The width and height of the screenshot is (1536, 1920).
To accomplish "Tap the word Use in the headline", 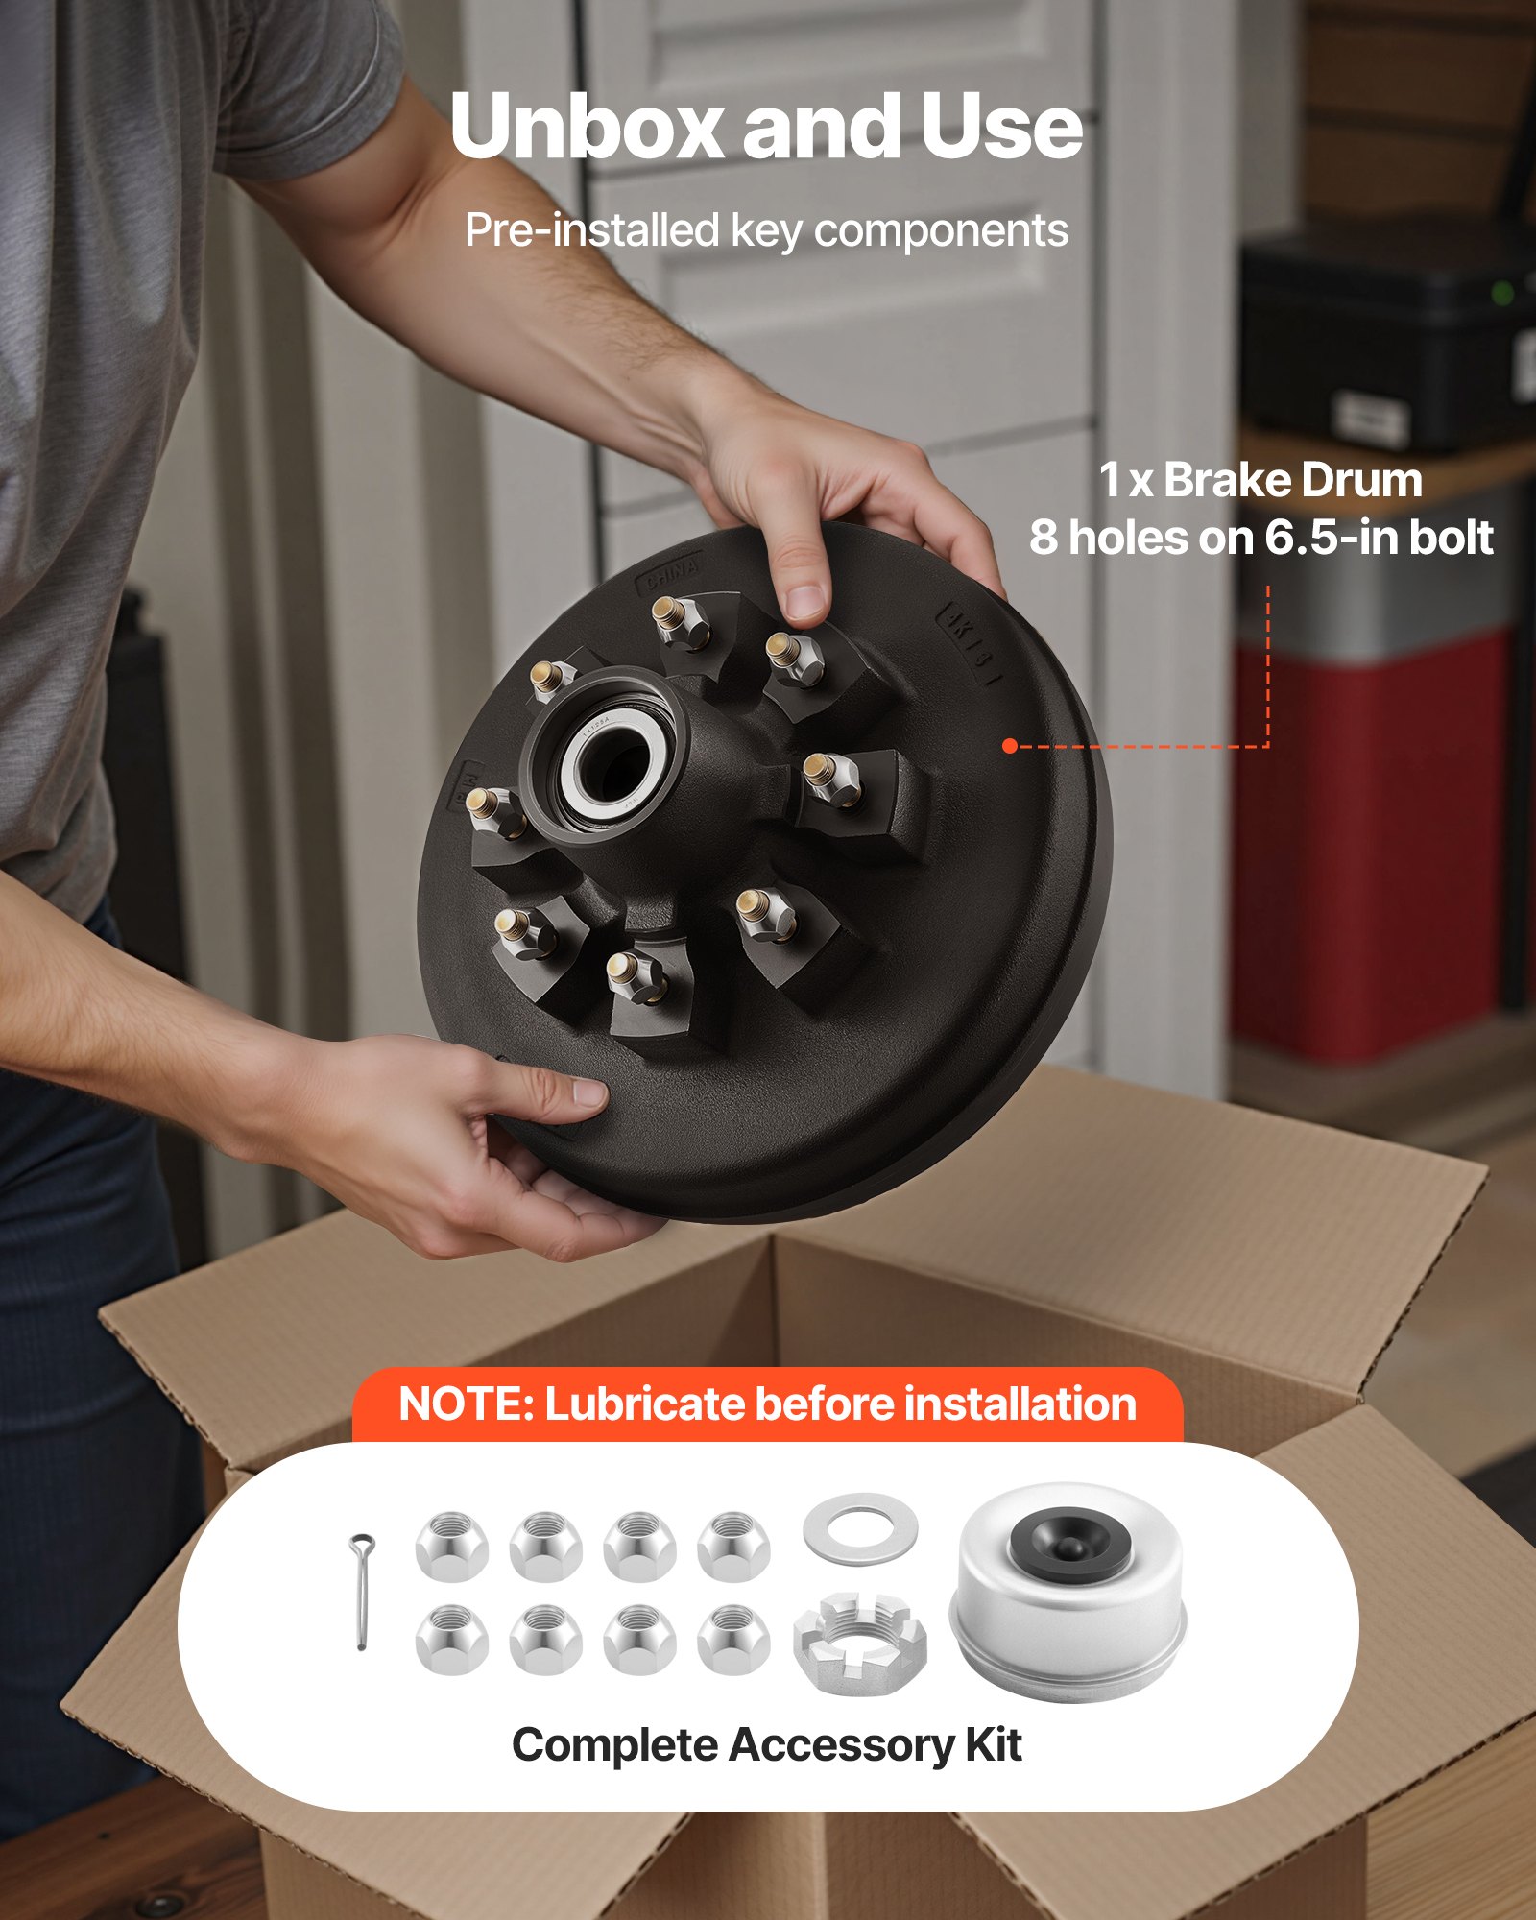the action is (x=1001, y=127).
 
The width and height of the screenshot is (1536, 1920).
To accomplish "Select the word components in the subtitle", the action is (x=941, y=231).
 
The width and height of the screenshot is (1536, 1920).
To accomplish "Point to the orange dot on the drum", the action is (x=1009, y=746).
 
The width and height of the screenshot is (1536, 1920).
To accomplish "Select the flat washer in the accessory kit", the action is (x=860, y=1528).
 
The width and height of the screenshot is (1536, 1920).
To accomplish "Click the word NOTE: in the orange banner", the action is (x=466, y=1404).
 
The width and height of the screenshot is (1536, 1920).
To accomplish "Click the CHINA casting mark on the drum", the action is (x=672, y=574).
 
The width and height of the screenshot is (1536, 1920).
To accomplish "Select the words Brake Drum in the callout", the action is (x=1292, y=480).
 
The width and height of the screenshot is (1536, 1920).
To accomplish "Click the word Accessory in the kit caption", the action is (x=841, y=1745).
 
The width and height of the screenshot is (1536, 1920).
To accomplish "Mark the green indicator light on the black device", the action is (x=1503, y=292).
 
